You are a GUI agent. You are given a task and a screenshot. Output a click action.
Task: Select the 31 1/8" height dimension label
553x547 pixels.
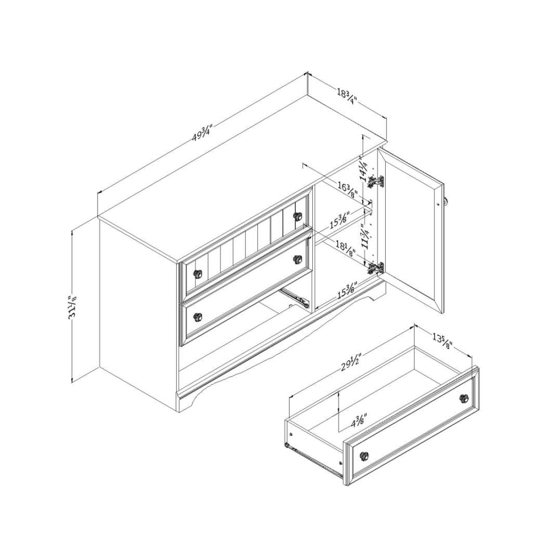click(x=73, y=308)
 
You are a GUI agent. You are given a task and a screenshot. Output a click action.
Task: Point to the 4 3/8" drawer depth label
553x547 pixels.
click(x=359, y=420)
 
